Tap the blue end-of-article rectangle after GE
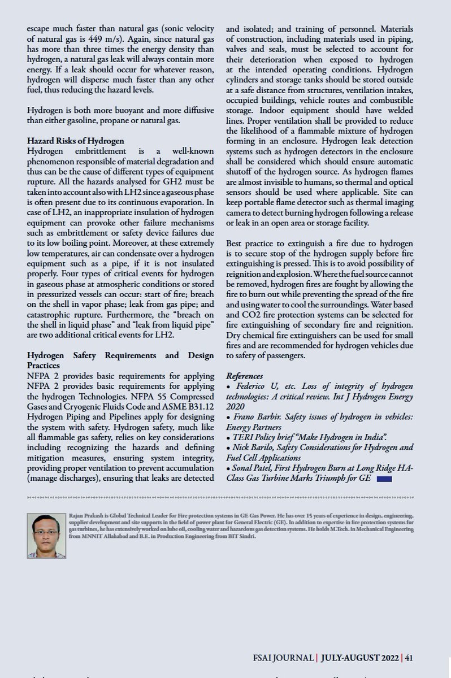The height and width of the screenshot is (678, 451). click(x=384, y=479)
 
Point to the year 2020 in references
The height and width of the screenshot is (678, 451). click(x=236, y=406)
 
